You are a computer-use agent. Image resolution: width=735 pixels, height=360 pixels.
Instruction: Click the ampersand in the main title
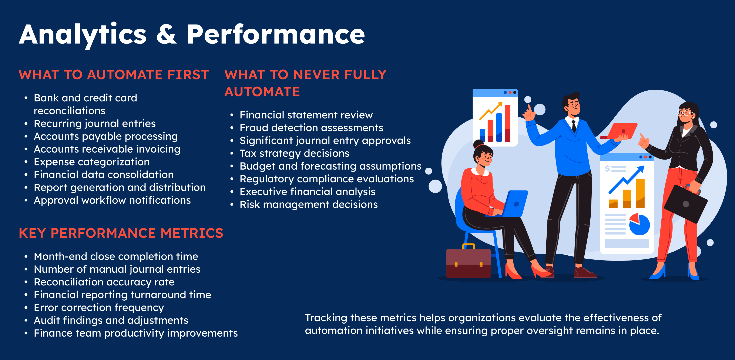tap(167, 34)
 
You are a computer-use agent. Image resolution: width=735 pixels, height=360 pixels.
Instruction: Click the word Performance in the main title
tap(276, 34)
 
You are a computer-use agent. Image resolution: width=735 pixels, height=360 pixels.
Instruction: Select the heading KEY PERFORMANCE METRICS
tap(121, 233)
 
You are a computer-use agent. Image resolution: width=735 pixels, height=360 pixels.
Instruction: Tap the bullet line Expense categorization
tap(92, 162)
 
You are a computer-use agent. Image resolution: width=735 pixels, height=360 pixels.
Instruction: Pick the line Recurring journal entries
tap(95, 123)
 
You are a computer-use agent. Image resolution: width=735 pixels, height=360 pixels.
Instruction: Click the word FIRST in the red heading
tap(188, 75)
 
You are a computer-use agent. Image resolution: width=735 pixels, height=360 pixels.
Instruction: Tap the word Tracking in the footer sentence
tap(326, 318)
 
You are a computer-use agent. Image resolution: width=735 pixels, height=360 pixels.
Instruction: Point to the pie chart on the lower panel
tap(640, 224)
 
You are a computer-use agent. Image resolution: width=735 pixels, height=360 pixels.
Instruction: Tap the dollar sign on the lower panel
tap(607, 169)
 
